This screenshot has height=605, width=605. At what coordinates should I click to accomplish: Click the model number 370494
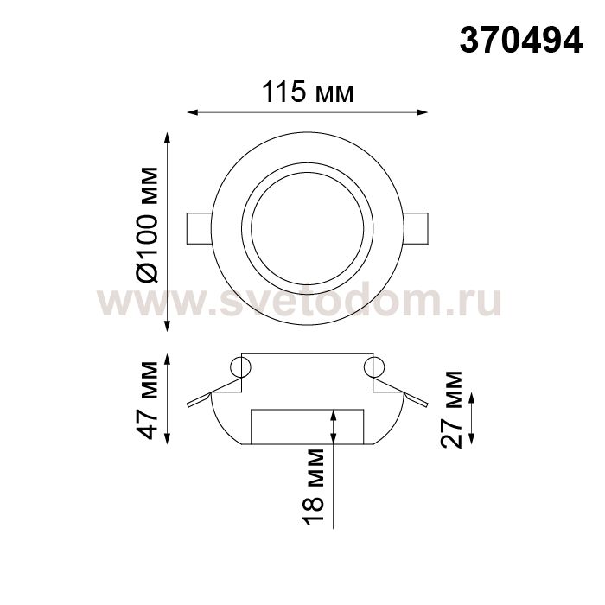tap(520, 41)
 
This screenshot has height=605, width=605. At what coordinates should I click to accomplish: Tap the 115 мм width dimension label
tap(308, 92)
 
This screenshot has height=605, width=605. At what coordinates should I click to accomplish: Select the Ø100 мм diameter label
tap(148, 225)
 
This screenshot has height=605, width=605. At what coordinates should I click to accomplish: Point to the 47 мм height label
tap(148, 400)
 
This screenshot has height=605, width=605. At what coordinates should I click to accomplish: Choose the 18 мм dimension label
tap(313, 487)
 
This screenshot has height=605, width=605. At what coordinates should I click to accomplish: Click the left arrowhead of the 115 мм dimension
tap(192, 112)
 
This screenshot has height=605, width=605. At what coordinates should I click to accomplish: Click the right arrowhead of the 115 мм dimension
tap(423, 112)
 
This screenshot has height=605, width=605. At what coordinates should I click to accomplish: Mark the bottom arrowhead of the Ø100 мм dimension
tap(167, 326)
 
